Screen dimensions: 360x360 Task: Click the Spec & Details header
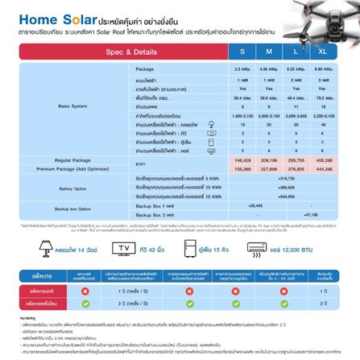pyautogui.click(x=131, y=51)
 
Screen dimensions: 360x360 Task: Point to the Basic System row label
pyautogui.click(x=73, y=106)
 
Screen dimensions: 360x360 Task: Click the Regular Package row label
pyautogui.click(x=73, y=160)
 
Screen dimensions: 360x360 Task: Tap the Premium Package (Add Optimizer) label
pyautogui.click(x=73, y=168)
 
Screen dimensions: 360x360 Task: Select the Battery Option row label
pyautogui.click(x=73, y=188)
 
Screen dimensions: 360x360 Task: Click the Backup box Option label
pyautogui.click(x=73, y=209)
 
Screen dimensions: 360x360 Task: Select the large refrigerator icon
pyautogui.click(x=191, y=247)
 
